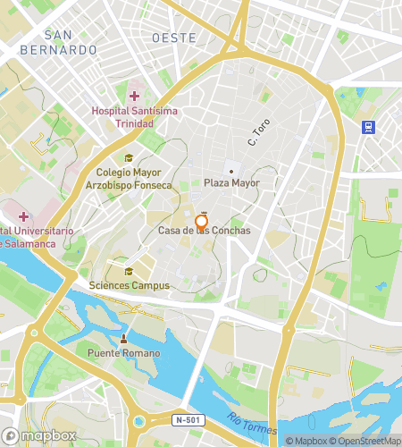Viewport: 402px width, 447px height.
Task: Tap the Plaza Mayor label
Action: pyautogui.click(x=231, y=183)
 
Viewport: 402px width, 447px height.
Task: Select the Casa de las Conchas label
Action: pyautogui.click(x=205, y=232)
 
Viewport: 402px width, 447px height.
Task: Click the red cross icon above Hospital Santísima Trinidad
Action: pyautogui.click(x=135, y=96)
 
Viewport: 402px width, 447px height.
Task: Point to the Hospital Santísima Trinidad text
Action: pyautogui.click(x=134, y=117)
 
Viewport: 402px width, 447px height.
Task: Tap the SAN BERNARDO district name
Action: pyautogui.click(x=58, y=43)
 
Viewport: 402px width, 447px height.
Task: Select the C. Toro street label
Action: pyautogui.click(x=259, y=133)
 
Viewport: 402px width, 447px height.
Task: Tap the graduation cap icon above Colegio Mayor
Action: pyautogui.click(x=130, y=158)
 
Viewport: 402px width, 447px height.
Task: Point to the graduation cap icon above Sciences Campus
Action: pyautogui.click(x=129, y=272)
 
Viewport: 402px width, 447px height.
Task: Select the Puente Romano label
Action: pyautogui.click(x=124, y=353)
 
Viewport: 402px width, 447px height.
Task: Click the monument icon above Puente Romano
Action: pyautogui.click(x=124, y=338)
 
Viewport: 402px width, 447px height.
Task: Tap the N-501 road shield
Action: pyautogui.click(x=187, y=418)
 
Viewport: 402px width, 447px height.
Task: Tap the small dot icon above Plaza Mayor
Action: pyautogui.click(x=231, y=171)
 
